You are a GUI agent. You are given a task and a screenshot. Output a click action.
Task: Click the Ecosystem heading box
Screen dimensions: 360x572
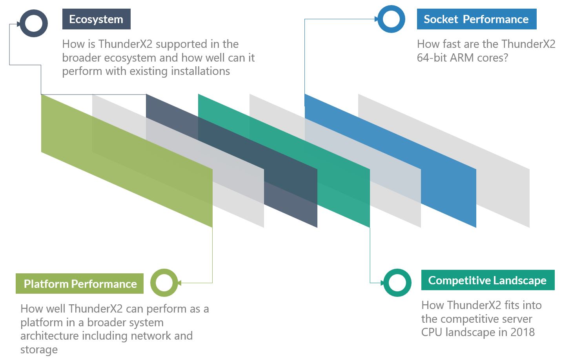pyautogui.click(x=96, y=19)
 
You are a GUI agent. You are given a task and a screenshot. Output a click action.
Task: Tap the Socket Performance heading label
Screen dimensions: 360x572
pyautogui.click(x=476, y=19)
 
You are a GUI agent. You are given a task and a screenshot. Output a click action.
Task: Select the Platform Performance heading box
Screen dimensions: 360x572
pyautogui.click(x=80, y=284)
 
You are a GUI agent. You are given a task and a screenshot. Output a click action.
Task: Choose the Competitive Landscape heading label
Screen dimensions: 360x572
pyautogui.click(x=487, y=280)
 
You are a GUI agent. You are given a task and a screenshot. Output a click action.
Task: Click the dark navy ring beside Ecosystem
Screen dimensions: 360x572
pyautogui.click(x=34, y=23)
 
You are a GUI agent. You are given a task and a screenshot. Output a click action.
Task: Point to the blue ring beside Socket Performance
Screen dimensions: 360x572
pyautogui.click(x=391, y=19)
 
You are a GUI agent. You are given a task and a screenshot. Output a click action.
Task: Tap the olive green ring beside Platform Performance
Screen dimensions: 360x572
pyautogui.click(x=164, y=283)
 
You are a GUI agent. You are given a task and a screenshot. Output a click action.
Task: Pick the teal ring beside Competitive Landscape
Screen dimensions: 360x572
pyautogui.click(x=397, y=283)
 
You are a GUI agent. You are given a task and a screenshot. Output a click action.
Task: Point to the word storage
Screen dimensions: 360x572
pyautogui.click(x=39, y=349)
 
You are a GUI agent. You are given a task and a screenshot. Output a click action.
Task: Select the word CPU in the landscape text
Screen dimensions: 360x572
pyautogui.click(x=432, y=332)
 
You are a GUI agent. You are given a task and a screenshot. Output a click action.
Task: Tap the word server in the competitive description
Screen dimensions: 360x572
pyautogui.click(x=514, y=318)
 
